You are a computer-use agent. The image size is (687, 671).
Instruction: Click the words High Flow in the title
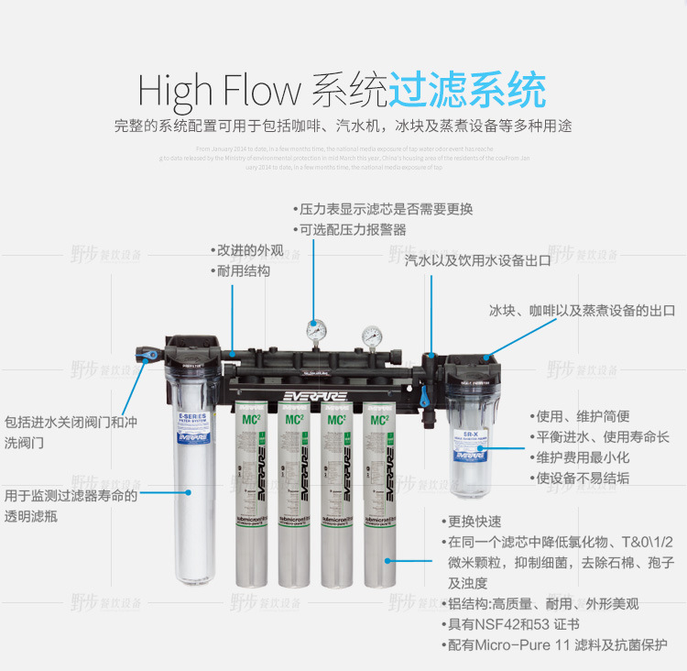pos(219,91)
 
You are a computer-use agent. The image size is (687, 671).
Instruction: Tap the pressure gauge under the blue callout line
pos(315,332)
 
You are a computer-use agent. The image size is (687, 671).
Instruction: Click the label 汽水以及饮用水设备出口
pos(477,260)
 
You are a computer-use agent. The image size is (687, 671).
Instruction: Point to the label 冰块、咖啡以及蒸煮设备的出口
pos(582,311)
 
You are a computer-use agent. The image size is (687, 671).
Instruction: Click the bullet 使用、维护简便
pos(578,416)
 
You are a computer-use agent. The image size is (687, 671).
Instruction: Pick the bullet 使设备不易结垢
pos(578,478)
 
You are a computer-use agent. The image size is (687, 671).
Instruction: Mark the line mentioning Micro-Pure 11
pos(553,644)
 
